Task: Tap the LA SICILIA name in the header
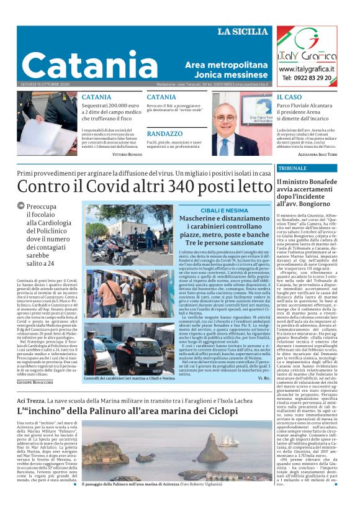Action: tap(243, 32)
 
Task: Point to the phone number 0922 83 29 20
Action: tap(315, 79)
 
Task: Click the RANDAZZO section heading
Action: tap(164, 133)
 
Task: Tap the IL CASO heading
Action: tap(289, 97)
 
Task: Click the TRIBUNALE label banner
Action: tap(292, 168)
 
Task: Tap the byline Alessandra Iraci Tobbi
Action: tap(326, 153)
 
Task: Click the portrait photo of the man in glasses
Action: tap(236, 124)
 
